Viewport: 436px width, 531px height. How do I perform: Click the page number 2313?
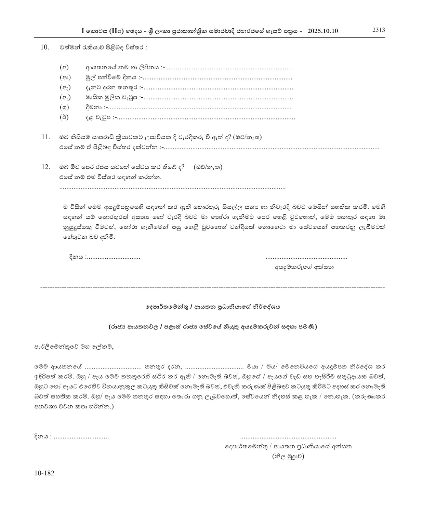379,30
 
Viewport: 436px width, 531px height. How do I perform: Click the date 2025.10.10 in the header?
322,31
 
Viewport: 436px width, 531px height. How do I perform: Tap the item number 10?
45,47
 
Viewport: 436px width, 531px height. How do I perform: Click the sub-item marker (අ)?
64,68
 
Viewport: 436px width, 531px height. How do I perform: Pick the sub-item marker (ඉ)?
64,108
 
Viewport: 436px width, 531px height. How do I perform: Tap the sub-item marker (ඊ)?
64,117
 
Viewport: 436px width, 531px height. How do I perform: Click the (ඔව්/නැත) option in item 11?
248,137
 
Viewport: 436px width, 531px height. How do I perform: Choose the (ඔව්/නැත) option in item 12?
208,167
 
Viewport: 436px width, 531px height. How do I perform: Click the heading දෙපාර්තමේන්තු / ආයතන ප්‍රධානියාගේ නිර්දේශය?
213,307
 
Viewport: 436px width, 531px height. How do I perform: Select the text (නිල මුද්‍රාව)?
288,456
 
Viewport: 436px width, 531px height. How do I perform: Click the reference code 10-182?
44,473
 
